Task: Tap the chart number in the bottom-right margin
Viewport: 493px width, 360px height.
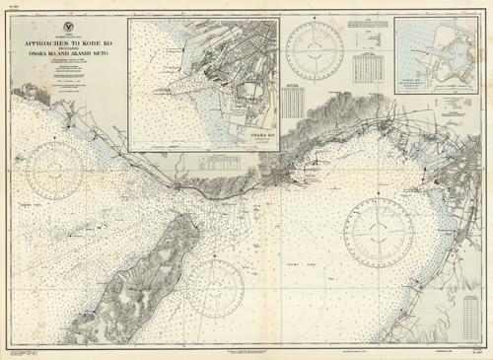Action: coord(476,352)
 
